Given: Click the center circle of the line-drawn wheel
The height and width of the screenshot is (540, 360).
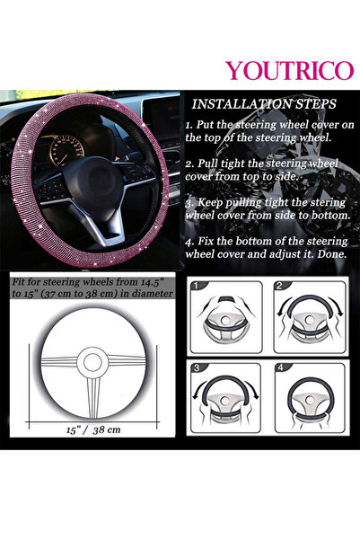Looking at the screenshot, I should coord(92,362).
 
